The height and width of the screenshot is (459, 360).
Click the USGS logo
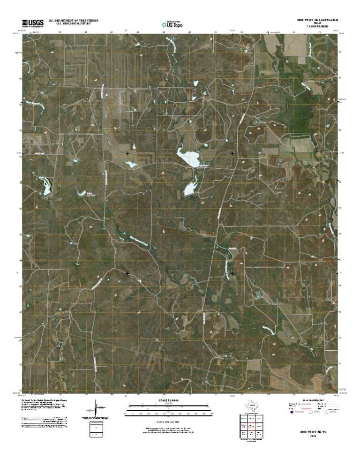click(x=32, y=23)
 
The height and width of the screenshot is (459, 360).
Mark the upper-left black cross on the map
click(x=127, y=153)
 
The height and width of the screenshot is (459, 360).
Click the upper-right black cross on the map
click(x=233, y=153)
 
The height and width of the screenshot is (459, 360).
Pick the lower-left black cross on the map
click(x=127, y=273)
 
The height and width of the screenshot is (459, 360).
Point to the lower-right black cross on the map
click(x=233, y=273)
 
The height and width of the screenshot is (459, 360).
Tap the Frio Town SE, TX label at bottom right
click(x=310, y=430)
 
